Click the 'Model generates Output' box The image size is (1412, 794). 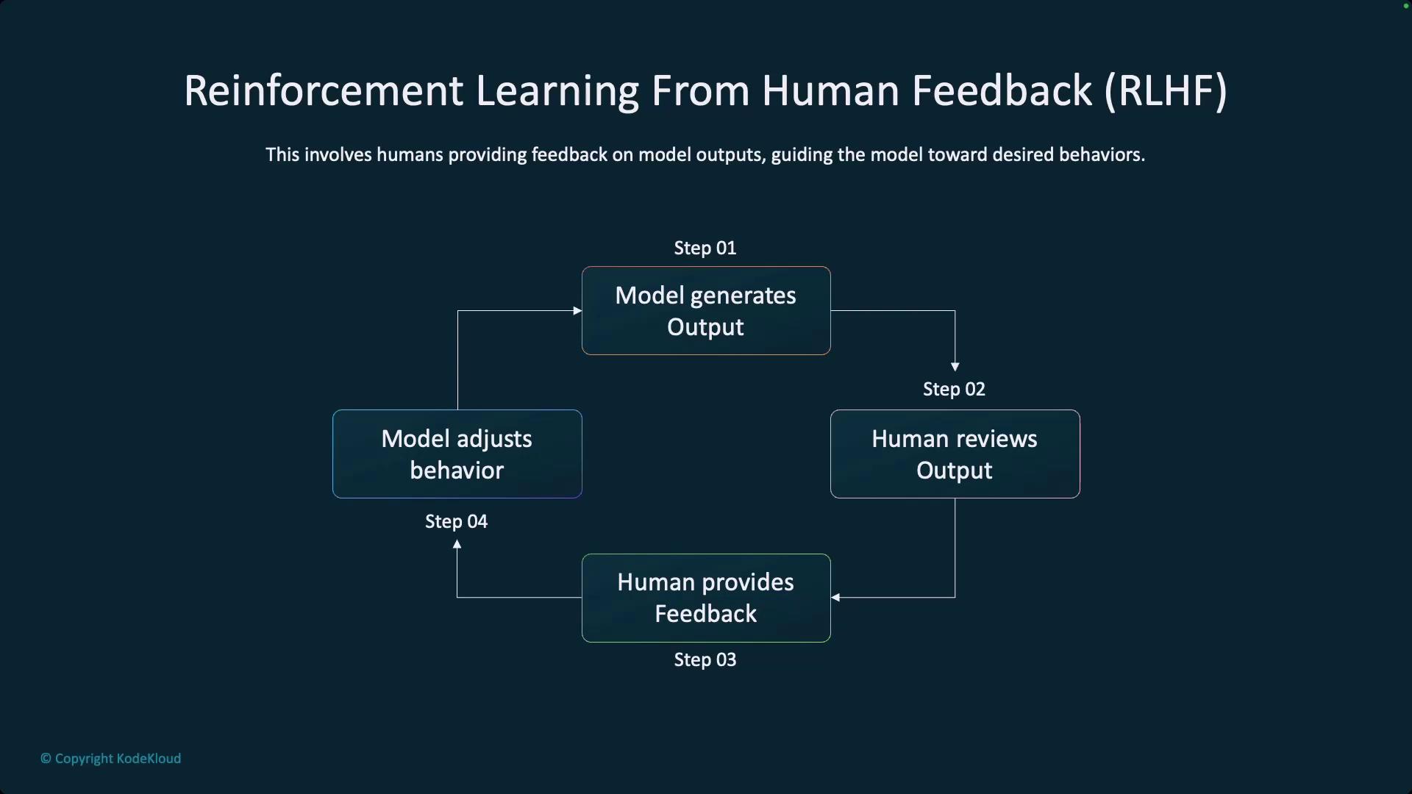(x=706, y=310)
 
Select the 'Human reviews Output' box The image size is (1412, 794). (x=955, y=454)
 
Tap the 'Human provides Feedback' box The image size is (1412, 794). (x=706, y=598)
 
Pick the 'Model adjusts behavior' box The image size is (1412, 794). (x=457, y=454)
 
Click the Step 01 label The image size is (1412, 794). (x=705, y=248)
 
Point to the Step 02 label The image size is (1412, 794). (x=954, y=390)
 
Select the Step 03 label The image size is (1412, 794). (x=705, y=660)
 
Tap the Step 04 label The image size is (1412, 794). (x=456, y=522)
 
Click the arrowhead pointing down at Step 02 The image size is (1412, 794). (x=955, y=366)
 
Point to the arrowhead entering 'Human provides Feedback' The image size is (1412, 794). (x=835, y=598)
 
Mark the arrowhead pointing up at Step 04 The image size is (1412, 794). (x=457, y=544)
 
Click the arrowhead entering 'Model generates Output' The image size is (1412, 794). (x=577, y=310)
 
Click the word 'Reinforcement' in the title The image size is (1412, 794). (x=324, y=91)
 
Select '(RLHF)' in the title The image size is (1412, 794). (x=1166, y=91)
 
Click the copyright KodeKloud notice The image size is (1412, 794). (x=110, y=759)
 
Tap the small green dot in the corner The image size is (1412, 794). (x=1405, y=6)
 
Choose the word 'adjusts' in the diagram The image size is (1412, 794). (x=493, y=440)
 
